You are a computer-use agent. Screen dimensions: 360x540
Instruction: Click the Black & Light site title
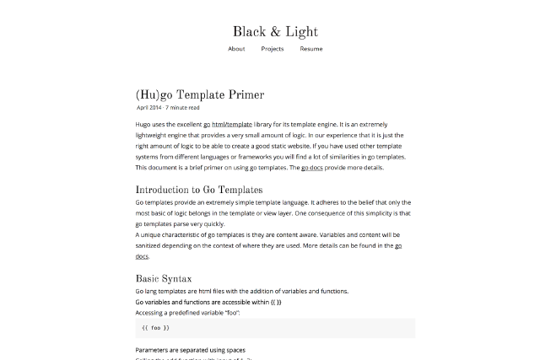point(275,32)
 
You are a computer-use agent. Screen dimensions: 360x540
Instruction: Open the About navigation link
point(236,49)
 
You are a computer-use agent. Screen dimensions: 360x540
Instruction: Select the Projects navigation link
point(272,49)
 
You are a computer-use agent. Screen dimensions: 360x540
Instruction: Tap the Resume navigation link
point(310,49)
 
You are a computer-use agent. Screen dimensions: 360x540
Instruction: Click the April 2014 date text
point(148,108)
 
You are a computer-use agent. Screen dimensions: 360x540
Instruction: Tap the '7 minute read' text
point(182,108)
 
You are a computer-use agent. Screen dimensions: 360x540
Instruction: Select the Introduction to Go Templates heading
point(198,190)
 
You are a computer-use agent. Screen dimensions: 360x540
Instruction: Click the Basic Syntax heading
point(164,278)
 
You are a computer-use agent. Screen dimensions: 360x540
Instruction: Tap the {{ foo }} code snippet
point(155,327)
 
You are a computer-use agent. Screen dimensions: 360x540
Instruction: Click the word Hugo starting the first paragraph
point(144,124)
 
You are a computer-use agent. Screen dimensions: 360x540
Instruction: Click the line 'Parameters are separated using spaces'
point(191,349)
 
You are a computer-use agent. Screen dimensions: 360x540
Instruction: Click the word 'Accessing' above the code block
point(150,312)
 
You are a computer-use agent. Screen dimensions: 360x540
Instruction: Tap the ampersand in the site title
point(275,32)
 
